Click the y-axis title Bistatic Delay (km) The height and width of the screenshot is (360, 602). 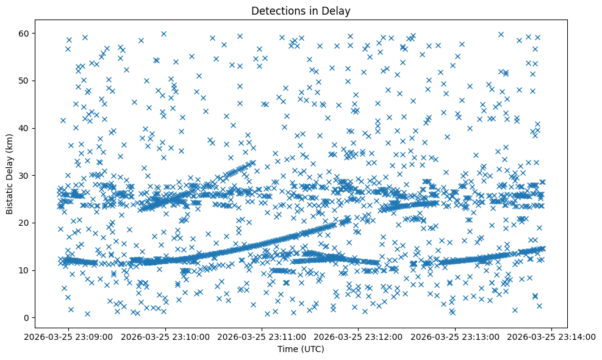coord(10,173)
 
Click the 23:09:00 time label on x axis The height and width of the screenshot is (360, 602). coord(68,336)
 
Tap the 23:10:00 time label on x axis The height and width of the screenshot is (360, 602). coord(165,336)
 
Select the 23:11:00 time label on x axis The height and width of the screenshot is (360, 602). coord(262,336)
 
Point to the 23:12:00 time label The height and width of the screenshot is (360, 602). coord(359,336)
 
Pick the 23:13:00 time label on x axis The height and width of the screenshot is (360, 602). coord(456,336)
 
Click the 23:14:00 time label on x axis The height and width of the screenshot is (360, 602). coord(552,336)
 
